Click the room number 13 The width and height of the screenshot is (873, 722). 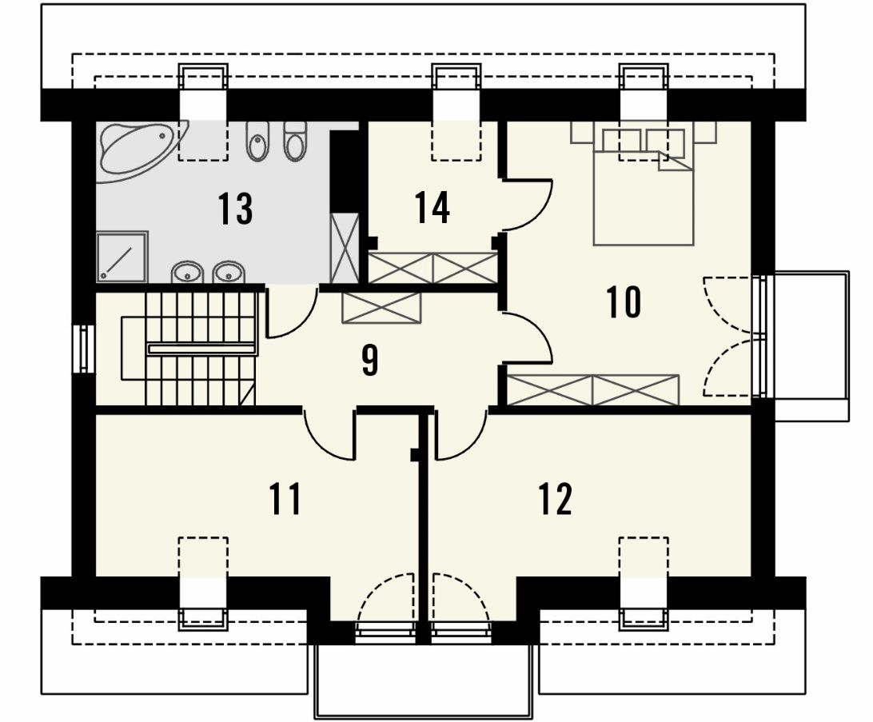(x=235, y=209)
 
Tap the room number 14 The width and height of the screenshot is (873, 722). (x=432, y=208)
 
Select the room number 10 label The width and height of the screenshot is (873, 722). (x=624, y=302)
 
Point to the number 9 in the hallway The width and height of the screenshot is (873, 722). (x=370, y=360)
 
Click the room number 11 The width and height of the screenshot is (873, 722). (x=285, y=499)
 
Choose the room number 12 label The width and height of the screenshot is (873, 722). (x=555, y=499)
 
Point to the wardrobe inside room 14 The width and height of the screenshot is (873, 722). (x=433, y=268)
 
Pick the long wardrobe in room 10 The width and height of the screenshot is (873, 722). (x=593, y=389)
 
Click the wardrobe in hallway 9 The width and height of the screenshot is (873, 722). (x=382, y=307)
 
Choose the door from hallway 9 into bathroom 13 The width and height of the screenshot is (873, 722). (x=291, y=313)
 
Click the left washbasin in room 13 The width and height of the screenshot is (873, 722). (x=186, y=273)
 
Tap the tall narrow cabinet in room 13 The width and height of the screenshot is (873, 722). (x=345, y=248)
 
